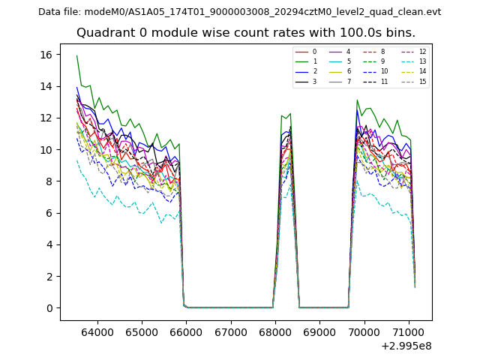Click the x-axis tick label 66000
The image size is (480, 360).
pos(185,331)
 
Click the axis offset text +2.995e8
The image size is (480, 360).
pos(406,345)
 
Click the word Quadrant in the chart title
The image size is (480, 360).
pos(105,33)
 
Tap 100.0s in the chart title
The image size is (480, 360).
pos(340,33)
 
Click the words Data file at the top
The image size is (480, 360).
pos(59,12)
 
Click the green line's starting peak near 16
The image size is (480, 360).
pos(76,55)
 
